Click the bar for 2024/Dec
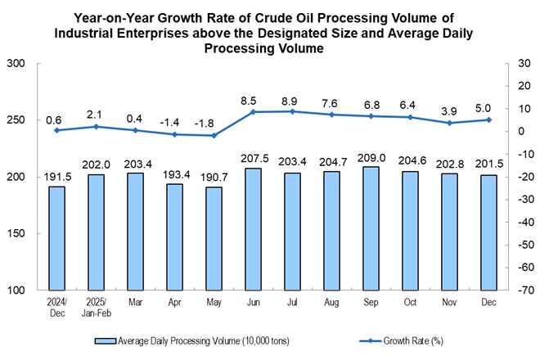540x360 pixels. pyautogui.click(x=56, y=238)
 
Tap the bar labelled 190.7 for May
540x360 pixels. pyautogui.click(x=214, y=239)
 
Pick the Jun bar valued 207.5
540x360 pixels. pyautogui.click(x=253, y=229)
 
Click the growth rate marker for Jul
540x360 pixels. pyautogui.click(x=292, y=111)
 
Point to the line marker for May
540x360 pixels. pyautogui.click(x=214, y=135)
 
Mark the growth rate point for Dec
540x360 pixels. pyautogui.click(x=489, y=119)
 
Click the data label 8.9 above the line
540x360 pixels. pyautogui.click(x=292, y=97)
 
